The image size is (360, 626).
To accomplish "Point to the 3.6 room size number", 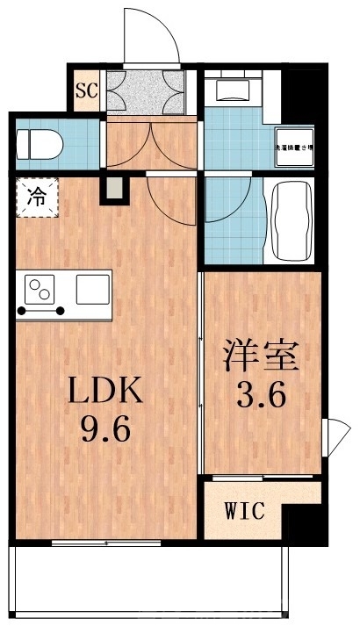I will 259,397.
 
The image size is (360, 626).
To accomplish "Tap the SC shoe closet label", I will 86,90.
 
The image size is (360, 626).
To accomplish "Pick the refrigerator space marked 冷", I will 35,197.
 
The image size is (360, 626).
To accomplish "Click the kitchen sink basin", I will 91,287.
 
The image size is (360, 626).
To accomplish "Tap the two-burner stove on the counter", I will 40,290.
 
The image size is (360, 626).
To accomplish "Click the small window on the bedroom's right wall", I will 335,435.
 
